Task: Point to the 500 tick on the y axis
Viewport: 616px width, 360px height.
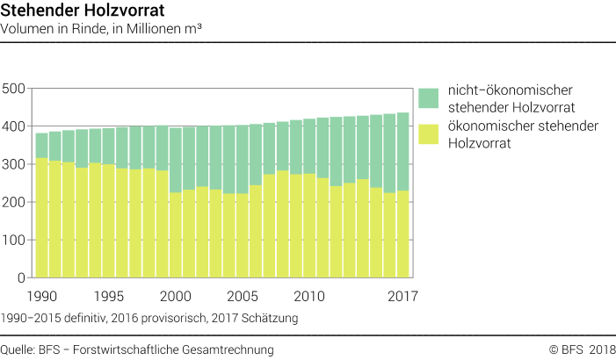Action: [14, 89]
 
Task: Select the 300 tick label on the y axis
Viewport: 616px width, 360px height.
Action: [14, 164]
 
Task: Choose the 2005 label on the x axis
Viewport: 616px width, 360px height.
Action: [243, 296]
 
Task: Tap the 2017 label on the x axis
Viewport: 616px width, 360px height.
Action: [402, 296]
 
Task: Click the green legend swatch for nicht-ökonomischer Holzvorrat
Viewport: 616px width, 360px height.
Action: [428, 98]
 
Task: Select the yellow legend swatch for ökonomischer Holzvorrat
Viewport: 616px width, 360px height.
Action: [428, 134]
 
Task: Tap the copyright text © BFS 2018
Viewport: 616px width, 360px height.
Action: [582, 349]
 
